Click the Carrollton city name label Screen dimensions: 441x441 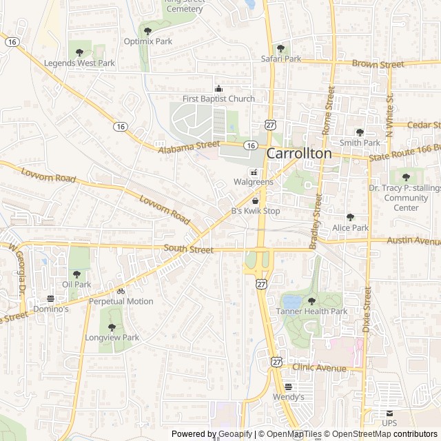pyautogui.click(x=299, y=153)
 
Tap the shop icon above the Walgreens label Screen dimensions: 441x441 pyautogui.click(x=254, y=172)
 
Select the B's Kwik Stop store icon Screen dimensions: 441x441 pyautogui.click(x=255, y=201)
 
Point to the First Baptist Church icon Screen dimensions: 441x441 pyautogui.click(x=219, y=88)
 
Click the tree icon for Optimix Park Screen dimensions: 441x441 pyautogui.click(x=147, y=30)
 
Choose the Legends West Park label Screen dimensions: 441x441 pyautogui.click(x=79, y=63)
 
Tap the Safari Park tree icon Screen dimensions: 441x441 pyautogui.click(x=280, y=48)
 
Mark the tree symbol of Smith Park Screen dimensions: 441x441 pyautogui.click(x=360, y=132)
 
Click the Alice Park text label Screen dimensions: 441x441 pyautogui.click(x=350, y=227)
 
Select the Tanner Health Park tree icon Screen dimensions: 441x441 pyautogui.click(x=311, y=300)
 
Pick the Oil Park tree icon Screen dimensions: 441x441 pyautogui.click(x=76, y=274)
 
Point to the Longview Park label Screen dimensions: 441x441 pyautogui.click(x=112, y=338)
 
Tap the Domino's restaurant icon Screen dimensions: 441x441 pyautogui.click(x=50, y=299)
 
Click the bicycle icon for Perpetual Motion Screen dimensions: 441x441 pyautogui.click(x=121, y=291)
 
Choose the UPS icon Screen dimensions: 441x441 pyautogui.click(x=389, y=413)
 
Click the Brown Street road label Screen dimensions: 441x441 pyautogui.click(x=378, y=64)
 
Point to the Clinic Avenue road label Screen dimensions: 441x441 pyautogui.click(x=319, y=367)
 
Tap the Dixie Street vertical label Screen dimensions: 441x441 pyautogui.click(x=367, y=311)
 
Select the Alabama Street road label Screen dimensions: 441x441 pyautogui.click(x=188, y=147)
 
